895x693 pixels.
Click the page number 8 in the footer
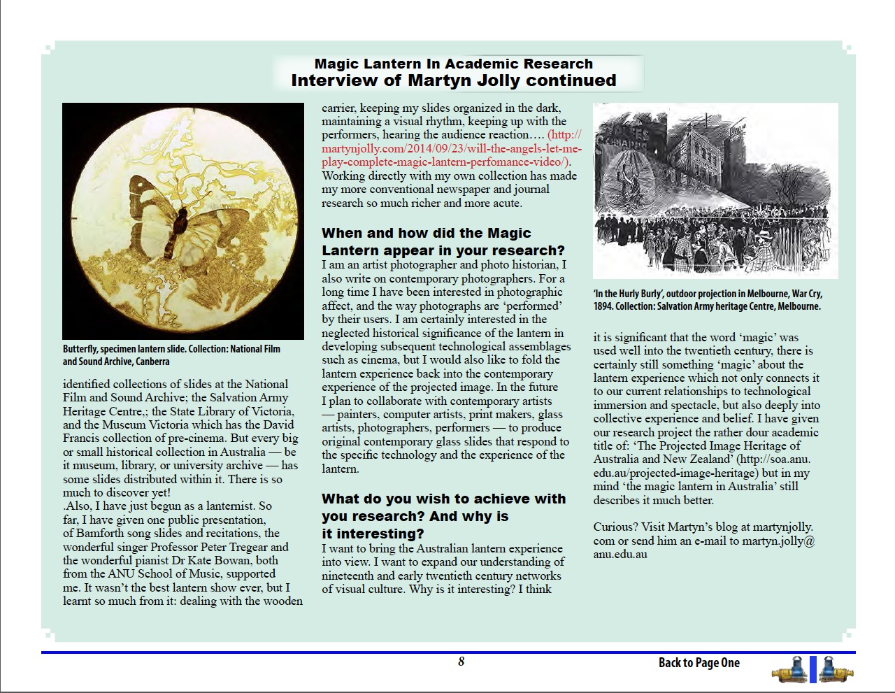pos(461,662)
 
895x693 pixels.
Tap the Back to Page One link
pos(699,663)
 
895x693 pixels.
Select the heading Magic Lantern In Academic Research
pos(453,64)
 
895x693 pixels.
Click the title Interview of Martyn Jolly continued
pos(453,80)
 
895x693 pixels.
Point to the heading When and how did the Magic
pos(426,233)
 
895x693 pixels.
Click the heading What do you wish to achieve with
pos(443,499)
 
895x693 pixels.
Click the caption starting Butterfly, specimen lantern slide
pos(171,355)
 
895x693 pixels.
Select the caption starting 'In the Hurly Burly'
pos(708,300)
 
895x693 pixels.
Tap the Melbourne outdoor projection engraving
pos(715,190)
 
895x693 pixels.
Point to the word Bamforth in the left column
pos(99,533)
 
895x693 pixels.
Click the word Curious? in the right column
pos(613,527)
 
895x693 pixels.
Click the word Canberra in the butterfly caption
pos(152,362)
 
